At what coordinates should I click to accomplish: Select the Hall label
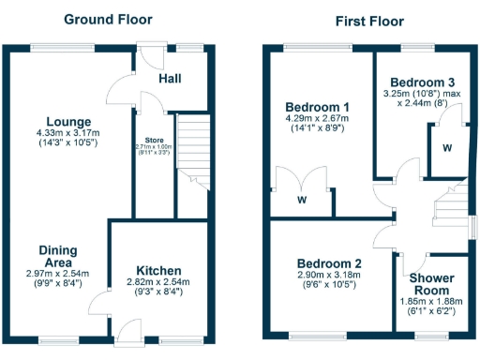click(170, 79)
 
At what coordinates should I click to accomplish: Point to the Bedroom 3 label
click(422, 81)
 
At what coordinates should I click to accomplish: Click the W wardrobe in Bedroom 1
click(302, 199)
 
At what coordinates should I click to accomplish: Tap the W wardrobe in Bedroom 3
click(447, 147)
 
